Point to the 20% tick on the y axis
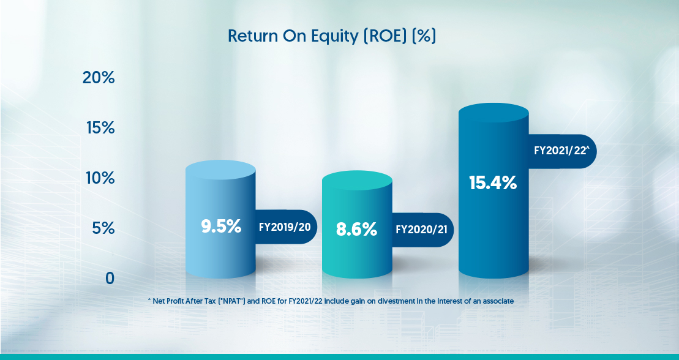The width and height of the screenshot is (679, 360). [x=99, y=78]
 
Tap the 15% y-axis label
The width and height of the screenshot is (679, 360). [x=100, y=128]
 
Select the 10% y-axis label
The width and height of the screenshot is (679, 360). [x=100, y=178]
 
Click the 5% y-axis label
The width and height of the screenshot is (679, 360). [x=103, y=228]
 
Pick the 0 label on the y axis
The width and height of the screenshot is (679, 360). [x=110, y=278]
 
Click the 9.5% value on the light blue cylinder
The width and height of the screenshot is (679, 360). [x=221, y=227]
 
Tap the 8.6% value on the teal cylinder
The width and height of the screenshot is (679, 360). [x=357, y=230]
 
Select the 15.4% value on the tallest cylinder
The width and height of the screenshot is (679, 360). [x=493, y=183]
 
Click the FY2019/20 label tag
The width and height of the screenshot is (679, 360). [x=285, y=227]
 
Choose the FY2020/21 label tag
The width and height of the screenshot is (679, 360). [x=422, y=230]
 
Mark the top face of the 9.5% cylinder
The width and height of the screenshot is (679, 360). [x=221, y=170]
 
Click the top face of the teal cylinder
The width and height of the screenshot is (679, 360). [x=357, y=180]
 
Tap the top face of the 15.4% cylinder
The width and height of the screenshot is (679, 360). [x=493, y=113]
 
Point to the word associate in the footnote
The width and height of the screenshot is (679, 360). [x=498, y=301]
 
